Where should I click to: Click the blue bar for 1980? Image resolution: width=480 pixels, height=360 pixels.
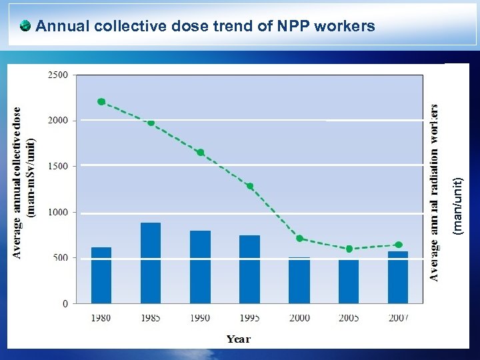pos(101,275)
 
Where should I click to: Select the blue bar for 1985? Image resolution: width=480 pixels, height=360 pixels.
pos(151,263)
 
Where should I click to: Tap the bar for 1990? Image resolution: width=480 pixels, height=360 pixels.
pos(200,267)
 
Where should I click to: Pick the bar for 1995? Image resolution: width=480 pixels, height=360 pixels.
pos(249,269)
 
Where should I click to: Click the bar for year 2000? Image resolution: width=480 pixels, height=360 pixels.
pos(299,281)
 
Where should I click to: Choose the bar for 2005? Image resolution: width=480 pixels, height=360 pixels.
pos(349,281)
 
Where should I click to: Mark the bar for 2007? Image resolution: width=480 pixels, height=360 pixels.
pos(398,277)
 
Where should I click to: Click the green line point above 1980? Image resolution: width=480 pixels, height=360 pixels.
pos(101,102)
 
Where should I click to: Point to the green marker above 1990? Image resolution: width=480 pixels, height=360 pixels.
pos(200,153)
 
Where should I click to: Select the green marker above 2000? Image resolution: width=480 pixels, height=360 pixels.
pos(299,239)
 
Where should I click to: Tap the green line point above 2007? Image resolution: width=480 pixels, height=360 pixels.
pos(399,245)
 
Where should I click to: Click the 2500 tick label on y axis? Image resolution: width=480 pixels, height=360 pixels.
pos(57,75)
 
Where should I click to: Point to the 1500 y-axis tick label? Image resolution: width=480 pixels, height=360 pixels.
pos(57,167)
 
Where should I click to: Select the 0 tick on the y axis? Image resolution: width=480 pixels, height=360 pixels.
pos(65,304)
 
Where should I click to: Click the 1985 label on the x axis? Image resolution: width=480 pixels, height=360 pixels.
pos(151,318)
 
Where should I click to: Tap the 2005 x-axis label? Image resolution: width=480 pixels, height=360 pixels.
pos(349,318)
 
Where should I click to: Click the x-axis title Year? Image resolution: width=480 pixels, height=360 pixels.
pos(238,339)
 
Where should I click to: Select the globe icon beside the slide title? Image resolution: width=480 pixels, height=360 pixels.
pos(25,26)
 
